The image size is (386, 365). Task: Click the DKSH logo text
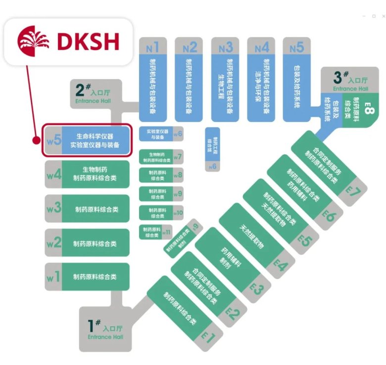(88, 42)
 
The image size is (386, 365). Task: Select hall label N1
(152, 48)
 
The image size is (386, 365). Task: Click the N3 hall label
(225, 48)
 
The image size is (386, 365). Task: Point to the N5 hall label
(296, 48)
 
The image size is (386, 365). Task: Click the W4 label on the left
(53, 175)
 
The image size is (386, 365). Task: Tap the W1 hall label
(53, 276)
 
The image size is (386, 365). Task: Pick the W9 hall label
(178, 193)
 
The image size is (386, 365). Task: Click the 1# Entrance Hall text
(105, 329)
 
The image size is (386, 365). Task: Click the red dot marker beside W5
(36, 140)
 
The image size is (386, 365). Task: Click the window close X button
(381, 16)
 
